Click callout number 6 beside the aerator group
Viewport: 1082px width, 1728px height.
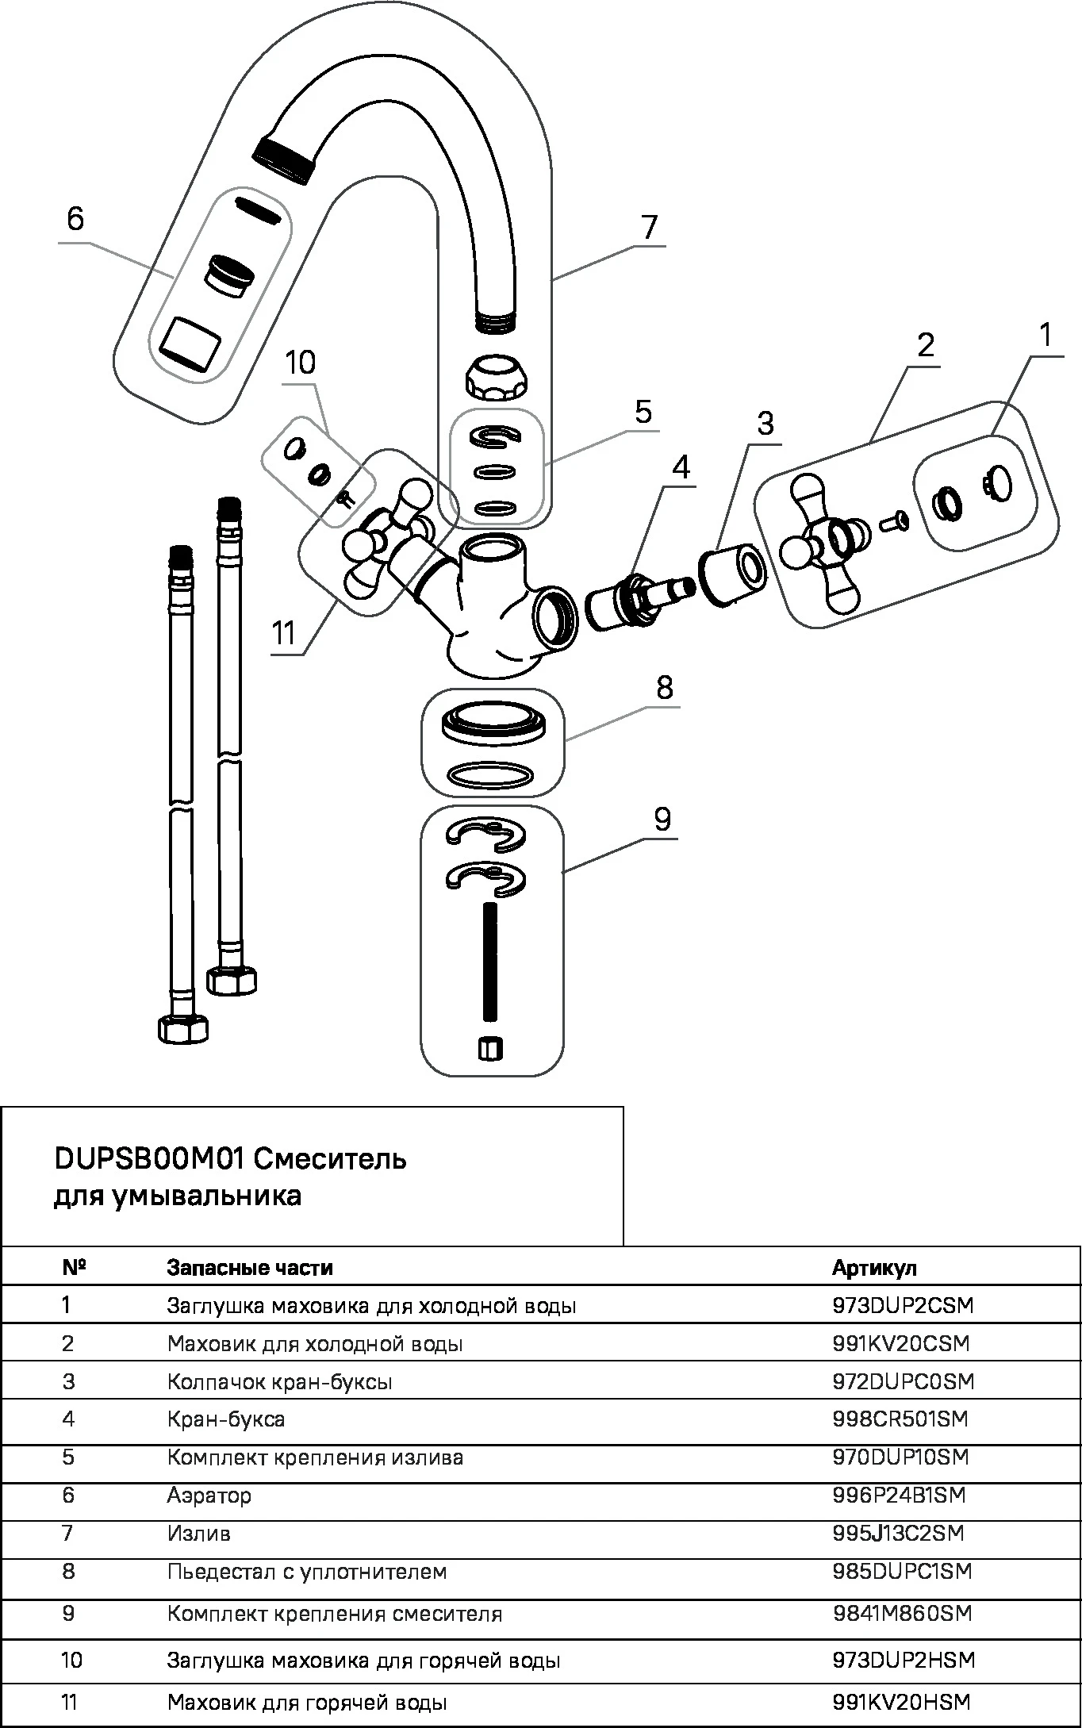point(75,218)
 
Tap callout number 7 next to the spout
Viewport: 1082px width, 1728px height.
point(650,227)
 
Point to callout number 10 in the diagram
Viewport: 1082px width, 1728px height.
point(301,363)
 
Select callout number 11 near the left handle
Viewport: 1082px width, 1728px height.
point(283,633)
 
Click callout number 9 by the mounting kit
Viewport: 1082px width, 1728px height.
point(662,819)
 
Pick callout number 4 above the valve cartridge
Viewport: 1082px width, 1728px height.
point(681,467)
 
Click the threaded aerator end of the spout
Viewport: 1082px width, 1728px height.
point(284,159)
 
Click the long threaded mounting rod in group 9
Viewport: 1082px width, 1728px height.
point(490,962)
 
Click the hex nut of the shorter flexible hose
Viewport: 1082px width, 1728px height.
point(184,1028)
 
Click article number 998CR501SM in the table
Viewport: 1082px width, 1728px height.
point(900,1419)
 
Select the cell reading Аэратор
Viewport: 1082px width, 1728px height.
point(209,1496)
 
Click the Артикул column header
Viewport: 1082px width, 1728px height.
point(874,1267)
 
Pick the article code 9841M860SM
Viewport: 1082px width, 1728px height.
point(902,1613)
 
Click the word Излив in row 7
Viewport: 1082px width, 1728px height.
point(199,1534)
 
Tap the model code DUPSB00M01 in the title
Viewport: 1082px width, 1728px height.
point(148,1159)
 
